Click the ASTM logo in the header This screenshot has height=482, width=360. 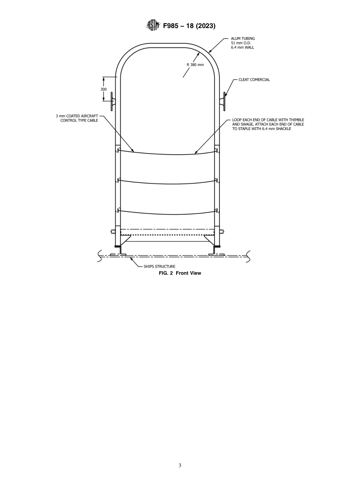pos(153,25)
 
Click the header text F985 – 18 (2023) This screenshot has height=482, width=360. pos(189,26)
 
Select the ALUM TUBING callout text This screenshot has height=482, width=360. pos(243,43)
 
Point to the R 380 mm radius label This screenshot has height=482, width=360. pos(195,65)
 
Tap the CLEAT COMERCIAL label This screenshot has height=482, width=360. pos(254,80)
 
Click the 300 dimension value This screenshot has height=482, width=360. pos(103,89)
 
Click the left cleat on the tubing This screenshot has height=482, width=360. pos(112,101)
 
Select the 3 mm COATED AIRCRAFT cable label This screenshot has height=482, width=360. pos(77,118)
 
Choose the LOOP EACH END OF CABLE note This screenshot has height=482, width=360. pos(268,124)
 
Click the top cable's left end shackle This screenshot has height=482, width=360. pos(118,150)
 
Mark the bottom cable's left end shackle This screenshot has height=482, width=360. pos(118,210)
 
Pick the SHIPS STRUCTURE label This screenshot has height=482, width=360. pos(159,266)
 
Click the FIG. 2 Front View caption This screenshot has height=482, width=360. pos(180,273)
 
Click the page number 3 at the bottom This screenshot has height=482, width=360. pos(180,466)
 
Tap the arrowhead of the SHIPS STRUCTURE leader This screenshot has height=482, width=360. pos(131,259)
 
